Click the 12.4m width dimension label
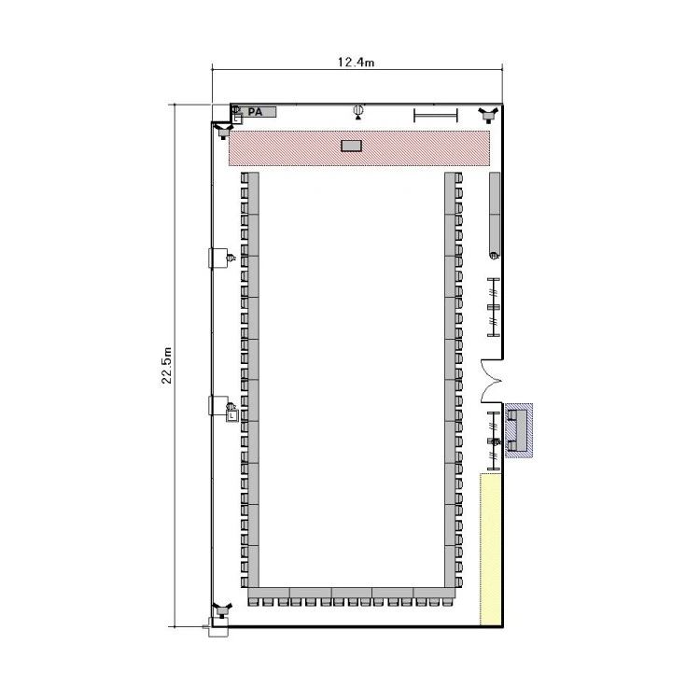coord(356,62)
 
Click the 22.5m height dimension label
coord(166,365)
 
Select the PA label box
coord(258,112)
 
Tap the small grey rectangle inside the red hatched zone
coord(351,146)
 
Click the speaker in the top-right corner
coord(488,115)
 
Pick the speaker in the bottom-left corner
coord(222,609)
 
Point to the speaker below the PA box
coord(223,132)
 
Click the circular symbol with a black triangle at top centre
coord(358,112)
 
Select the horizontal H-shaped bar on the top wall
coord(436,115)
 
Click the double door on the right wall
coord(491,381)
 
